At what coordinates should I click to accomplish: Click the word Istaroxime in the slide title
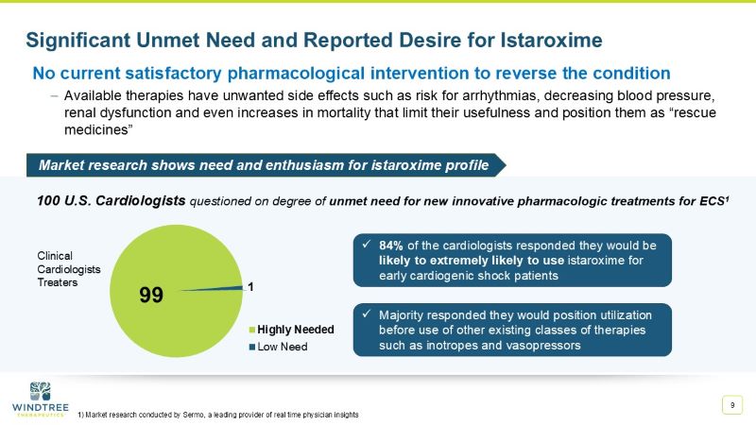(545, 40)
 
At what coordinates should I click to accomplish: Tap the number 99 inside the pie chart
(151, 294)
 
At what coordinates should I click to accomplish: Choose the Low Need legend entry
(282, 346)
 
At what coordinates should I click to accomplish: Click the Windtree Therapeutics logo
(39, 399)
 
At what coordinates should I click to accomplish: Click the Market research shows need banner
(264, 165)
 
